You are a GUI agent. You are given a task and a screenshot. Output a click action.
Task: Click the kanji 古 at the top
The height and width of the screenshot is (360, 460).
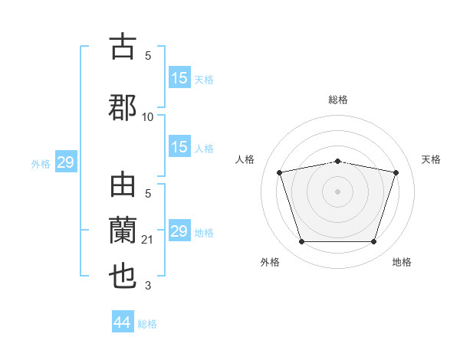(123, 47)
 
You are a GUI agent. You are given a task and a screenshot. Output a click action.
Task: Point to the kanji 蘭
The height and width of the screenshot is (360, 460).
(123, 231)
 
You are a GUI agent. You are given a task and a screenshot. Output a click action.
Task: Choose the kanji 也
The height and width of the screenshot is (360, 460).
(123, 276)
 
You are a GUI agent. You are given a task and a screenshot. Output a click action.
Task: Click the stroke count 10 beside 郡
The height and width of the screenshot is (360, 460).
(148, 117)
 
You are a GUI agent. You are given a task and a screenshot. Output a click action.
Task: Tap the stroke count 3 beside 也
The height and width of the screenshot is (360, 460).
(148, 286)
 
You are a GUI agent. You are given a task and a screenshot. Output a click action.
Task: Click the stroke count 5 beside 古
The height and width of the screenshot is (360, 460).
(148, 55)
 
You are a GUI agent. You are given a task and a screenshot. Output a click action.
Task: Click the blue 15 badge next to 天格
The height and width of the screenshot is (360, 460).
(179, 78)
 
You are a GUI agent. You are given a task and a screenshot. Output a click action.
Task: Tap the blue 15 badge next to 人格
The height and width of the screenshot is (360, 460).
(179, 147)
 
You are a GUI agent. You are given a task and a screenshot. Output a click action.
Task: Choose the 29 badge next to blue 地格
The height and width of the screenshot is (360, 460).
(179, 231)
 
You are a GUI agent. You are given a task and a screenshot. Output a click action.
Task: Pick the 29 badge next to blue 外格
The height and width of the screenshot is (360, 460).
(65, 162)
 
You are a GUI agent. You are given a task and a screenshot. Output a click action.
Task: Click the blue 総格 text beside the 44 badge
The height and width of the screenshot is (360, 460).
(147, 324)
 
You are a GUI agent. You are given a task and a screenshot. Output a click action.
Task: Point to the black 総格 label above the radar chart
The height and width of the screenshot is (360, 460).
(338, 100)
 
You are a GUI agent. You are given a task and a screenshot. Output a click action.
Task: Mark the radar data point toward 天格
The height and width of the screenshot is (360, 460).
(396, 172)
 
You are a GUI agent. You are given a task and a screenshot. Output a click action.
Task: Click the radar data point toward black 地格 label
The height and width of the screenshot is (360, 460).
(373, 242)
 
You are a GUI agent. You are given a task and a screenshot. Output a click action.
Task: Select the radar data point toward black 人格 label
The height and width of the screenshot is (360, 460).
(280, 172)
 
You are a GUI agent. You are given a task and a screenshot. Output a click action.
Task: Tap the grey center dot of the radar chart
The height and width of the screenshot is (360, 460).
(338, 191)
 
